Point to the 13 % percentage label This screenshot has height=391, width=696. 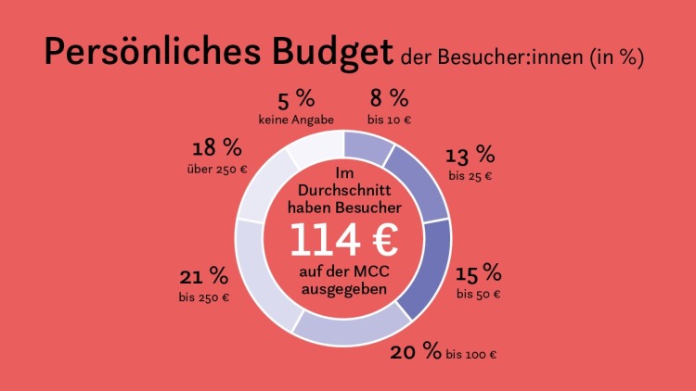(470, 154)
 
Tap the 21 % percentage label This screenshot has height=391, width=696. (204, 276)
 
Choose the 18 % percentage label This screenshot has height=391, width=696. (216, 148)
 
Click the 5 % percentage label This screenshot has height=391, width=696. (296, 99)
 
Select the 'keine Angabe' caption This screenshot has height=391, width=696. (296, 120)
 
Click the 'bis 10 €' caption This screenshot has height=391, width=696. (388, 120)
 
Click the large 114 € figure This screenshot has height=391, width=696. (344, 240)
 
